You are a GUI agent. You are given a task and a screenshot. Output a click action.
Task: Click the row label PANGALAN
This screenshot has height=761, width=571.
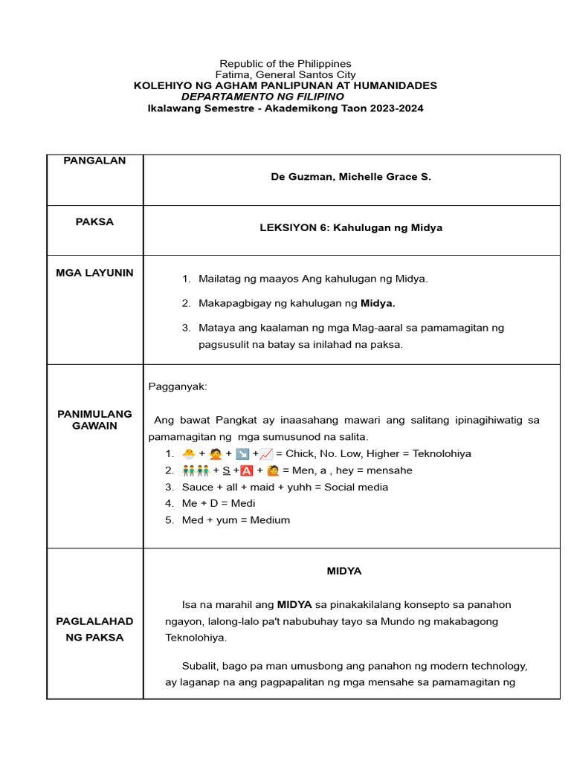point(94,161)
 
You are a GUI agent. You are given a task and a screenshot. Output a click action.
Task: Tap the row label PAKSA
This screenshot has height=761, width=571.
point(94,221)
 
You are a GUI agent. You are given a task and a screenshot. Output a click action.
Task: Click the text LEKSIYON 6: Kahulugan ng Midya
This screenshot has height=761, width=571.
point(351,227)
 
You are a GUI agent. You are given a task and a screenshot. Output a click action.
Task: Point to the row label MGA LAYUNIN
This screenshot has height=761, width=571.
point(94,273)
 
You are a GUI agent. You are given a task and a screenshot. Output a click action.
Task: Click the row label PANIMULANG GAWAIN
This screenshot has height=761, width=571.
point(94,420)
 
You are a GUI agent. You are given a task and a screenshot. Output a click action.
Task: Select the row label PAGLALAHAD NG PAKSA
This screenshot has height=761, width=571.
point(94,629)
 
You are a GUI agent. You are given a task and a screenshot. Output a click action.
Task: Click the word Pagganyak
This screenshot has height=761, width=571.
point(178,386)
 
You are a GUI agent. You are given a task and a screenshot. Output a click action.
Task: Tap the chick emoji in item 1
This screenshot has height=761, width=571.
point(189,453)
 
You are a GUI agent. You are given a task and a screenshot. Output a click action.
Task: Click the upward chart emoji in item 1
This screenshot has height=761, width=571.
point(266,453)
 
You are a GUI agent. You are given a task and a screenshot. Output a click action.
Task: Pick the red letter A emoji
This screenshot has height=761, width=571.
point(247,470)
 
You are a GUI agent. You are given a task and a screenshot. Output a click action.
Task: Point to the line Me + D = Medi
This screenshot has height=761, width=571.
point(219,503)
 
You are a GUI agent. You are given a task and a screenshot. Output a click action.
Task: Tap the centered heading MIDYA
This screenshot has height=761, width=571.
point(344,571)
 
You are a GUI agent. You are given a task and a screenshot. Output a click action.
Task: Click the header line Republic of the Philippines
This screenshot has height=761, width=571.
point(285,64)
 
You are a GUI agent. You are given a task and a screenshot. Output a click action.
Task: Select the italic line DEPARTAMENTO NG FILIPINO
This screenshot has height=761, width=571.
point(263,97)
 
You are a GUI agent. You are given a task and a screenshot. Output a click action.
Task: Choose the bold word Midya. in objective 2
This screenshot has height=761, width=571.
point(378,303)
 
